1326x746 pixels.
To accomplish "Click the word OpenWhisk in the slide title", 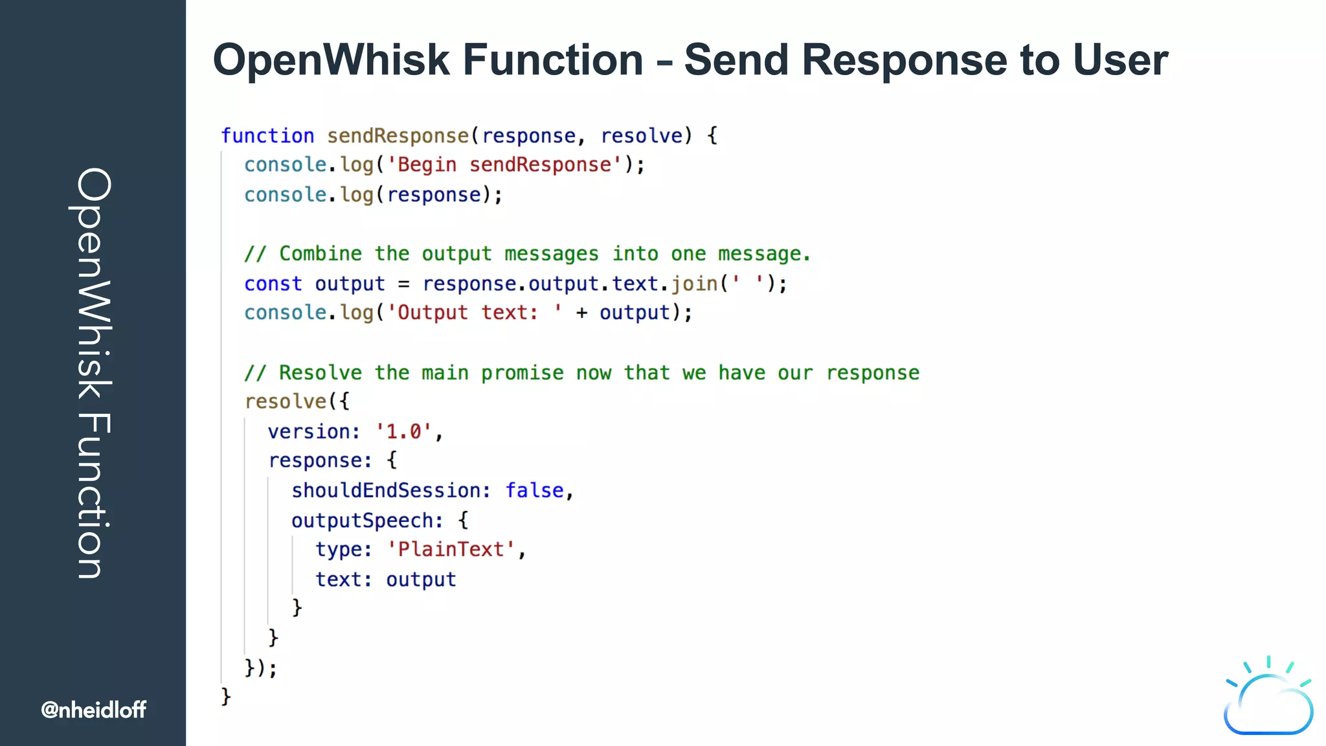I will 331,60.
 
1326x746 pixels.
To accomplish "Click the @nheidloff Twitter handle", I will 93,710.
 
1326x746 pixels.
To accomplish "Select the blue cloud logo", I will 1268,699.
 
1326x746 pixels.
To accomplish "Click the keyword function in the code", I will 267,136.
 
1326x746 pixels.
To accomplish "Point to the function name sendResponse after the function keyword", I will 398,136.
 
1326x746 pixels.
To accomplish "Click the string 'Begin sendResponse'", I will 504,165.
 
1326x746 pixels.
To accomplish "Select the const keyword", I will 273,284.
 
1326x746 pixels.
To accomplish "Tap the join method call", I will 694,284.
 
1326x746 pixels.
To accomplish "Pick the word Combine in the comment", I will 320,254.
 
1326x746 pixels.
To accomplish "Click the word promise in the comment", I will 522,373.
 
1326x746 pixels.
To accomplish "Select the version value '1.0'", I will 403,431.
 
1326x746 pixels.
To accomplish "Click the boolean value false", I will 534,491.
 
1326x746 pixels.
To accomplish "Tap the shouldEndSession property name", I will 386,491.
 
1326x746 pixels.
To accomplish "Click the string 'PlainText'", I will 451,550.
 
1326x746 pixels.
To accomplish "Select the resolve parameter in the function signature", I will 641,136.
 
